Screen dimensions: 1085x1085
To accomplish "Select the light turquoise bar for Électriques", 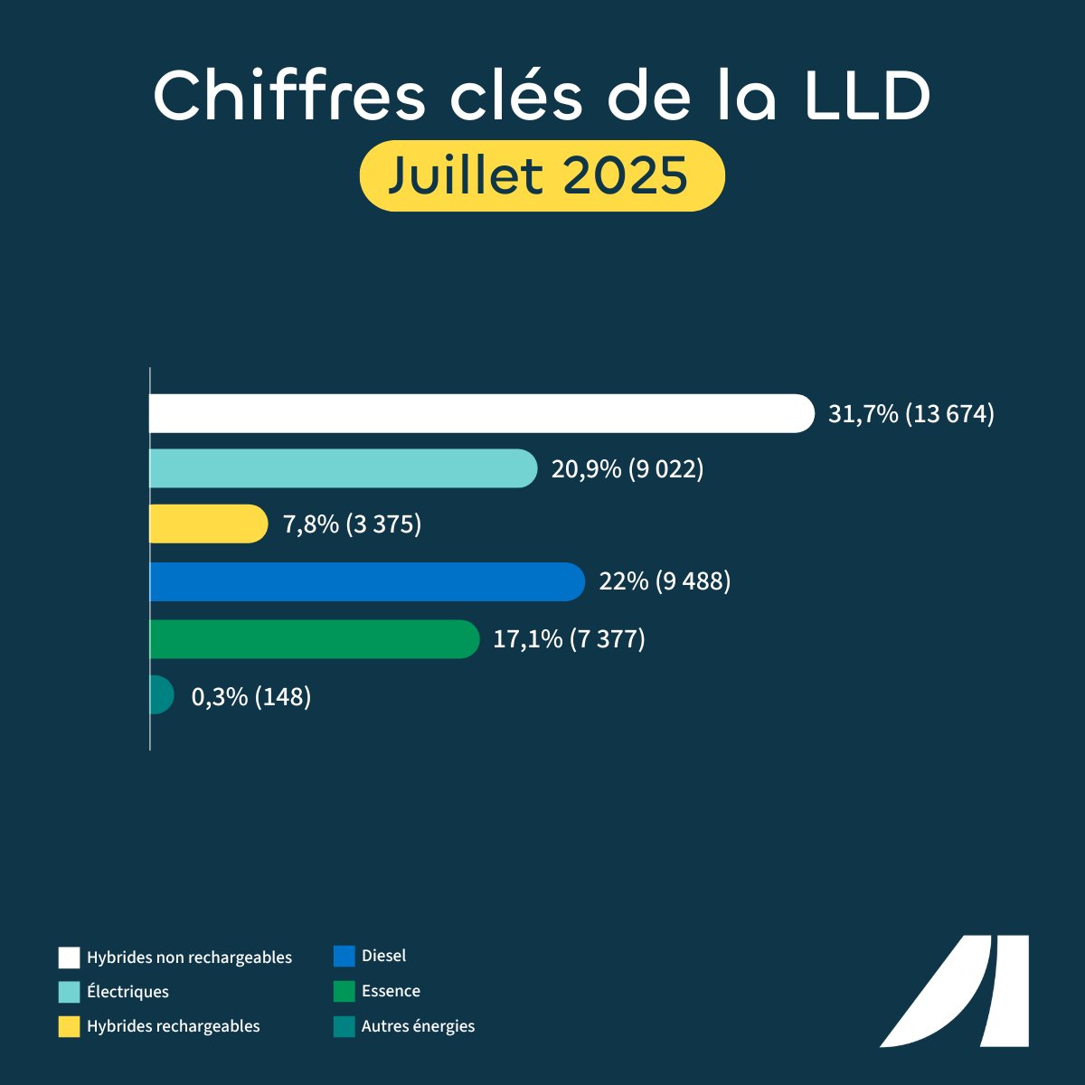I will pos(344,468).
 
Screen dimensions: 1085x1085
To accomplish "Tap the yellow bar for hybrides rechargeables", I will pos(208,524).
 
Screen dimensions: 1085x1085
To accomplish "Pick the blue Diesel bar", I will pos(367,581).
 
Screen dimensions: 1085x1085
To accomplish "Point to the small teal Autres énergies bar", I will pos(161,695).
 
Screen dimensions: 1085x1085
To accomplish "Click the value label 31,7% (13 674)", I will pos(911,414).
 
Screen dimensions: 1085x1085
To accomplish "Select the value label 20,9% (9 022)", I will pos(627,469).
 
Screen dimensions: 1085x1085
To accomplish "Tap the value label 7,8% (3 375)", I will pos(353,524).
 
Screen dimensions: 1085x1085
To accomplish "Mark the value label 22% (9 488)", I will pos(665,581).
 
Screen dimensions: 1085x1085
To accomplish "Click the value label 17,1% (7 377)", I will pos(569,639).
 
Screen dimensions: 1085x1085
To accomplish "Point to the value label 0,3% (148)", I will pos(251,697).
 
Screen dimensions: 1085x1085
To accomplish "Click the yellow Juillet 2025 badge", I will pos(542,175).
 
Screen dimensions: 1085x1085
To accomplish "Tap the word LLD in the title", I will pos(846,95).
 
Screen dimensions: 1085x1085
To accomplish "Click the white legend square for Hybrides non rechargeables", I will pos(70,958).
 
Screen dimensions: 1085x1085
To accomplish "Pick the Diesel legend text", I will pos(383,956).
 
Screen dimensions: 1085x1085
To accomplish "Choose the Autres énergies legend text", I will pos(418,1026).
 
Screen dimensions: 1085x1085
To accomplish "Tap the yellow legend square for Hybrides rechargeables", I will pos(70,1026).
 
